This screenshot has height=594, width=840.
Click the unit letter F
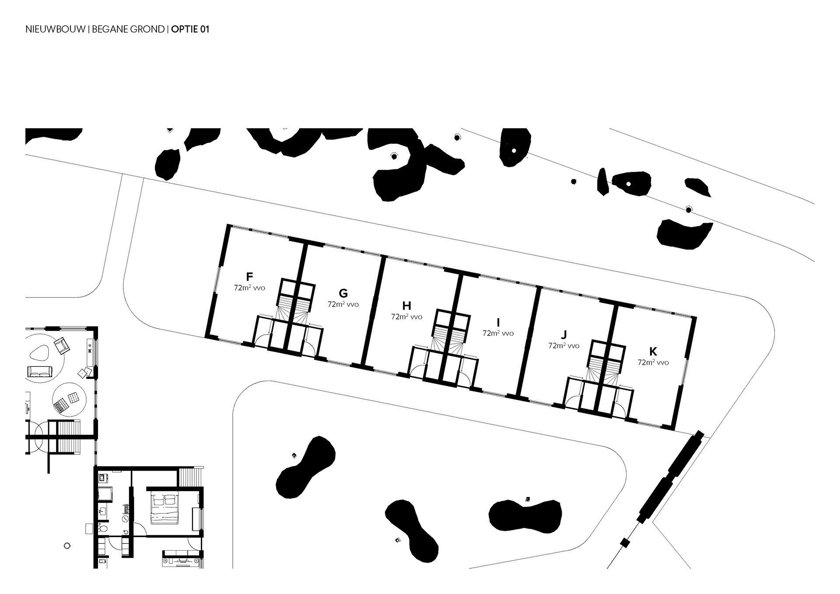click(x=249, y=276)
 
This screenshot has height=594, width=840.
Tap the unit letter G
click(x=343, y=293)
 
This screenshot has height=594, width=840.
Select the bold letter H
click(x=406, y=306)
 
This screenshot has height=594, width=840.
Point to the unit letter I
click(x=498, y=322)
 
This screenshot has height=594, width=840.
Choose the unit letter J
click(x=563, y=335)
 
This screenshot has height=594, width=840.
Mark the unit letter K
click(x=653, y=352)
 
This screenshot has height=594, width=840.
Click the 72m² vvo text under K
click(x=653, y=362)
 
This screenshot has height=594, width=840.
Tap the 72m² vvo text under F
click(x=249, y=287)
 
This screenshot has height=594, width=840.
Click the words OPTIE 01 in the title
click(x=190, y=29)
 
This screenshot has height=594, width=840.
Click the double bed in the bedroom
click(x=165, y=507)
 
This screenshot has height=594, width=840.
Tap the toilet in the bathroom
click(x=103, y=528)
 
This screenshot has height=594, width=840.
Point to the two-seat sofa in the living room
click(x=39, y=372)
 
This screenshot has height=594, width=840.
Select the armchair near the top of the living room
click(x=62, y=346)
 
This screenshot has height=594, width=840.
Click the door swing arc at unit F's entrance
click(x=262, y=340)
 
